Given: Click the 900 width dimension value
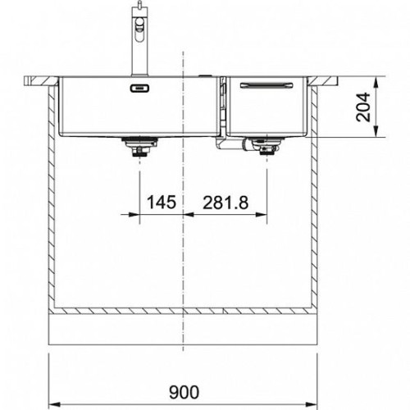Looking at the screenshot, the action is click(x=184, y=393).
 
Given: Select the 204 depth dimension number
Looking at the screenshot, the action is click(x=363, y=107).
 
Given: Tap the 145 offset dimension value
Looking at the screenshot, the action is click(x=162, y=203).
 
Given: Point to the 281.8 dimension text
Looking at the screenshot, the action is click(x=225, y=203).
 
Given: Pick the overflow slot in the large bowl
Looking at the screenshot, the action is click(x=139, y=88).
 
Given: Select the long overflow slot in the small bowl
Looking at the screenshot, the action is click(x=266, y=85).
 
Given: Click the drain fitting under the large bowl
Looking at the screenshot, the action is click(x=139, y=147).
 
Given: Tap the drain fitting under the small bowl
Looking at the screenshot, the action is click(x=266, y=146).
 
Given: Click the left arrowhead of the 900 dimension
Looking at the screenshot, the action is click(x=54, y=404).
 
